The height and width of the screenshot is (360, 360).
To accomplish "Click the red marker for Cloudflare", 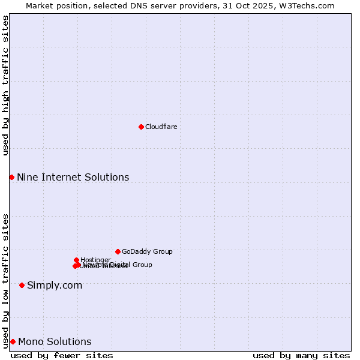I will (x=141, y=127).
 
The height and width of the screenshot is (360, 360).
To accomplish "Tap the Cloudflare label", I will (x=161, y=127).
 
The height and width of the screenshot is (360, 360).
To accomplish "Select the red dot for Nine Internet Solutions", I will (x=11, y=177).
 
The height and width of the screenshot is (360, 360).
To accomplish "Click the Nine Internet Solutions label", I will (x=73, y=177).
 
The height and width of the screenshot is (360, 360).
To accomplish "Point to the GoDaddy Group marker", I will (x=118, y=251).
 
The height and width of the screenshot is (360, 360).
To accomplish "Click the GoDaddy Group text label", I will (x=147, y=251).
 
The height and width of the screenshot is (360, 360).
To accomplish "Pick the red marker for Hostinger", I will (x=76, y=260).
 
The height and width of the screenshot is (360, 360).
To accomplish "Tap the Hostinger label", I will (x=95, y=260).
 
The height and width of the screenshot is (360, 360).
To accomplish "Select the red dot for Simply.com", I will (x=22, y=285).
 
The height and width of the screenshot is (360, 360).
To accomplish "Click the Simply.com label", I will (x=55, y=285).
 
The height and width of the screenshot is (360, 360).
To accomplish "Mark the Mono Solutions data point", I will (x=13, y=341).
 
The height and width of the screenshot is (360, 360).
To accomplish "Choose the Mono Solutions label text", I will (x=55, y=341).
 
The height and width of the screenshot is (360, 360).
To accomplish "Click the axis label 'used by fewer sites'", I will (x=62, y=355).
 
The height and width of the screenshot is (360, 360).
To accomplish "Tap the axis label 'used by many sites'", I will (x=301, y=355).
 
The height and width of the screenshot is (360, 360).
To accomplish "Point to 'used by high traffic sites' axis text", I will (x=5, y=85).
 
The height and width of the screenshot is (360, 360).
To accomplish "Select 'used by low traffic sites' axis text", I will (x=5, y=281).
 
